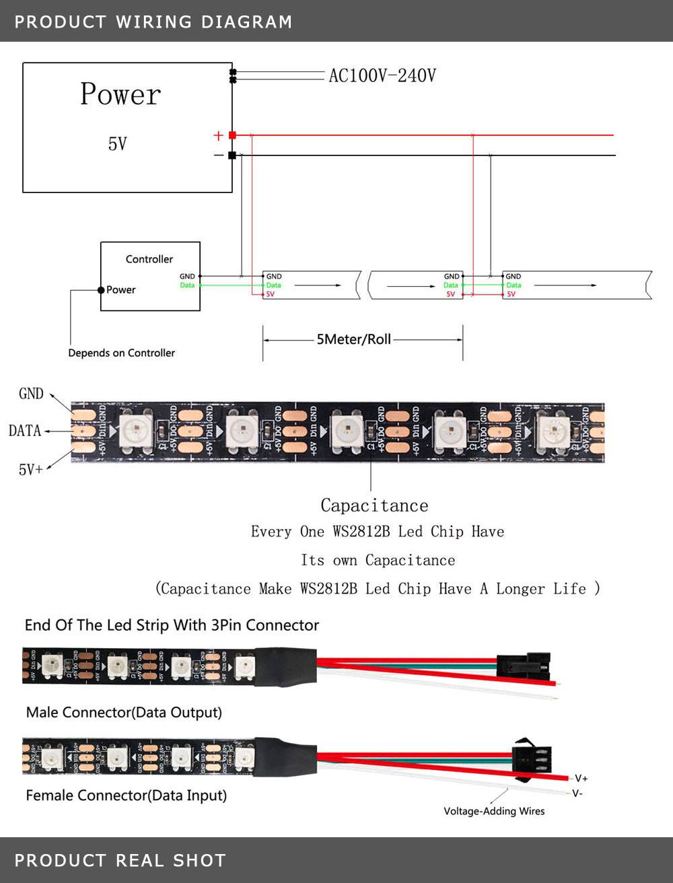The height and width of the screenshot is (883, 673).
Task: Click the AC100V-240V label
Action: click(x=382, y=75)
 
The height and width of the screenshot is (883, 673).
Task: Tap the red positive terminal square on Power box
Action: click(x=232, y=135)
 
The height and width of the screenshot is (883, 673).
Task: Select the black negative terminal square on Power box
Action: click(x=232, y=155)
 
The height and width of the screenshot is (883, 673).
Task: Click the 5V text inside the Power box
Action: click(x=118, y=143)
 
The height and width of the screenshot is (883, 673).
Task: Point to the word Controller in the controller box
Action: click(x=149, y=259)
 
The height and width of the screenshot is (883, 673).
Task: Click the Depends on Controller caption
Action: click(x=121, y=353)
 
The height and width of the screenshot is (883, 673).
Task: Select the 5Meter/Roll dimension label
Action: click(x=354, y=339)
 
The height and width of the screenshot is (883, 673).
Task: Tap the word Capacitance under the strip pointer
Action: click(x=374, y=505)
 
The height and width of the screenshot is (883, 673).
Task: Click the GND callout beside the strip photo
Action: click(x=31, y=394)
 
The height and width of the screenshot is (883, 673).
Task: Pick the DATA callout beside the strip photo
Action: click(x=25, y=431)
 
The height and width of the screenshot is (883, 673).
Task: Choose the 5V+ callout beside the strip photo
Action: click(x=31, y=469)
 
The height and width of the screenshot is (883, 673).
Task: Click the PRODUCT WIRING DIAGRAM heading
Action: click(x=153, y=22)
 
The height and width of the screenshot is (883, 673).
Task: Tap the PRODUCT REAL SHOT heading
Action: click(x=120, y=860)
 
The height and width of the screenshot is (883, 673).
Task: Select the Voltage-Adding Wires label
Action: click(x=494, y=811)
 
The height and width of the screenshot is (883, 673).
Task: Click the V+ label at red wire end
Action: click(x=581, y=778)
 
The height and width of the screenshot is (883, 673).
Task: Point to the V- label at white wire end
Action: click(x=577, y=793)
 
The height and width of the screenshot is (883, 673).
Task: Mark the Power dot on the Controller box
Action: click(x=101, y=290)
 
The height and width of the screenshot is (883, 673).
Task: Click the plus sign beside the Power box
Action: click(x=218, y=135)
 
